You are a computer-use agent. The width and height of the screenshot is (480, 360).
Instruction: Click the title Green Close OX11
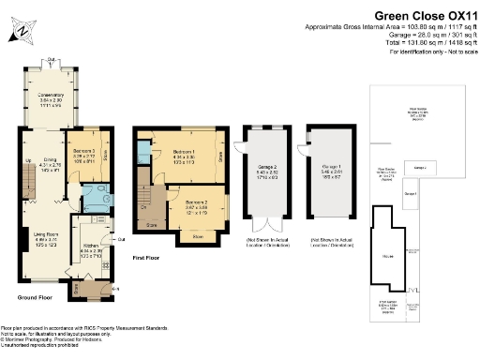coord(417,15)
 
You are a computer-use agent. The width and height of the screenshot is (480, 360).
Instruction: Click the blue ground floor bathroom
coord(94,196)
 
